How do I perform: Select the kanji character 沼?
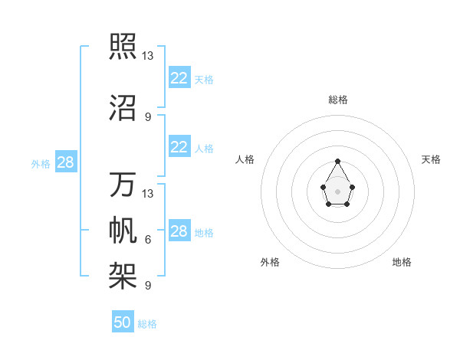[x=123, y=108]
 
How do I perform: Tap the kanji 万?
[x=123, y=185]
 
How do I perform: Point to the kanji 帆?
[x=123, y=230]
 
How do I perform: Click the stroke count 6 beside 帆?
[x=148, y=240]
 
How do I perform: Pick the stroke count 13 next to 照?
[x=148, y=56]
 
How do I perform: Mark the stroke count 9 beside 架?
[x=148, y=286]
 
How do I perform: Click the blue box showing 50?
[x=123, y=322]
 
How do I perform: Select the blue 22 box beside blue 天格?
[x=179, y=78]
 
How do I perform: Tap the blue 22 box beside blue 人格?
[x=179, y=147]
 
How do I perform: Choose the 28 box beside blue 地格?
[x=179, y=231]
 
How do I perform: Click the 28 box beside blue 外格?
[x=65, y=162]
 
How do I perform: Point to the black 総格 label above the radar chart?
[x=337, y=100]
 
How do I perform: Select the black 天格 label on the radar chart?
[x=432, y=159]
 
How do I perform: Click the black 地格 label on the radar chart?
[x=402, y=262]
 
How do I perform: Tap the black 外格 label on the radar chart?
[x=270, y=262]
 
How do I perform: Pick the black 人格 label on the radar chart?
[x=245, y=159]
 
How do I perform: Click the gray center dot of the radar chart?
[x=337, y=191]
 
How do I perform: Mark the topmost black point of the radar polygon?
[x=337, y=161]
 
